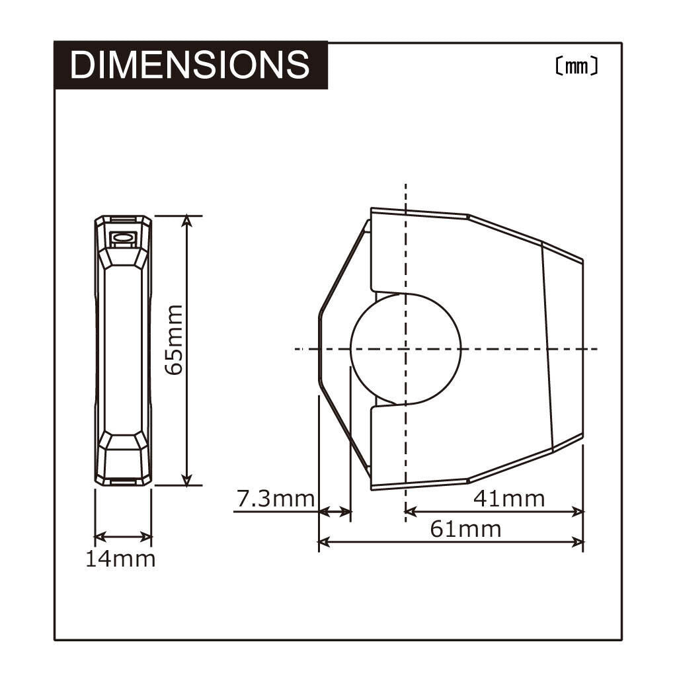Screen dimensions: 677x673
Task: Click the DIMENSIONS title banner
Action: pos(190,65)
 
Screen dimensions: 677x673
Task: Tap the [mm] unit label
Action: pos(576,67)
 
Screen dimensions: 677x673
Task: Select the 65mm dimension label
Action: pos(173,339)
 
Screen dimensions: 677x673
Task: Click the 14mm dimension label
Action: pos(120,559)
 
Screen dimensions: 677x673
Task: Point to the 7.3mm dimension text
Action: pos(275,498)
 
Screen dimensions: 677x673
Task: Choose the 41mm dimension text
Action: pos(509,498)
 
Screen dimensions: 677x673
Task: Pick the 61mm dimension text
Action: pos(465,529)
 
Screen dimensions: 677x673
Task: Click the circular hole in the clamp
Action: pos(405,348)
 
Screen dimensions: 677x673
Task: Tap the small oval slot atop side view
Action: pos(122,237)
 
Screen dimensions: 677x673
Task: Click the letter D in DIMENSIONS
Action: pos(83,65)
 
